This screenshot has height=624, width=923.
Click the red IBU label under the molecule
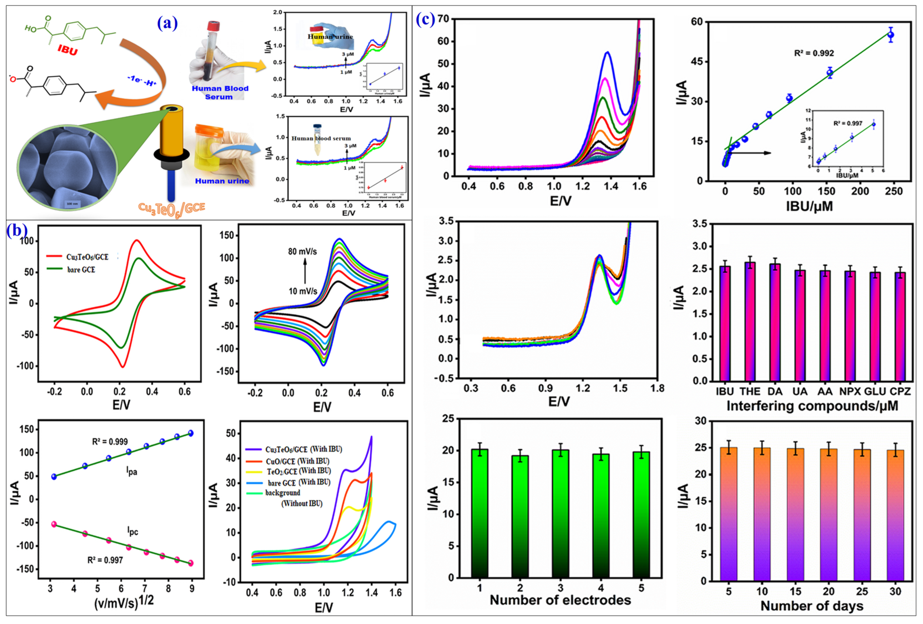tap(68, 50)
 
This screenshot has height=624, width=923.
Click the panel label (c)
tap(425, 19)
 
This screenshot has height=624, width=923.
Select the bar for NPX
tap(850, 326)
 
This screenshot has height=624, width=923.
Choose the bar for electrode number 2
tap(520, 516)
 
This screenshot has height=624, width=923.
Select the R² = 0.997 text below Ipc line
tap(105, 560)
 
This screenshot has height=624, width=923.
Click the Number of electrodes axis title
tap(560, 600)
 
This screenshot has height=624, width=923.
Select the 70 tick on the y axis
tap(442, 19)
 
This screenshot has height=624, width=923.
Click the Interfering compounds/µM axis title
tap(812, 406)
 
